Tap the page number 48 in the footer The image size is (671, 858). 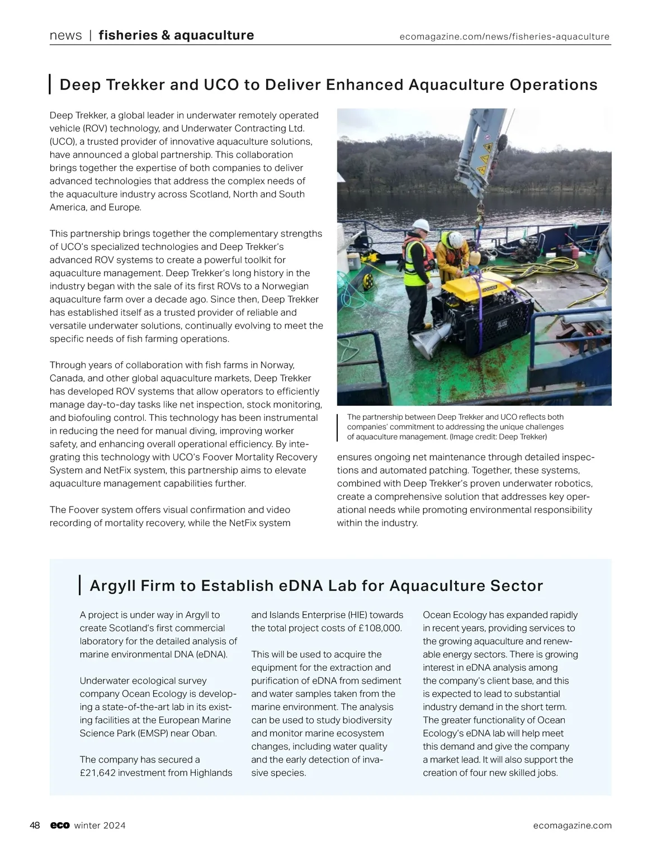point(35,826)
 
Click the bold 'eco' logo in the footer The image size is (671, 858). point(59,826)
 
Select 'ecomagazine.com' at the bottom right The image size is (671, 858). point(572,826)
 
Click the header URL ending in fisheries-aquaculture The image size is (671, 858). point(504,37)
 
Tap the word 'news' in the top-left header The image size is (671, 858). point(65,36)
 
